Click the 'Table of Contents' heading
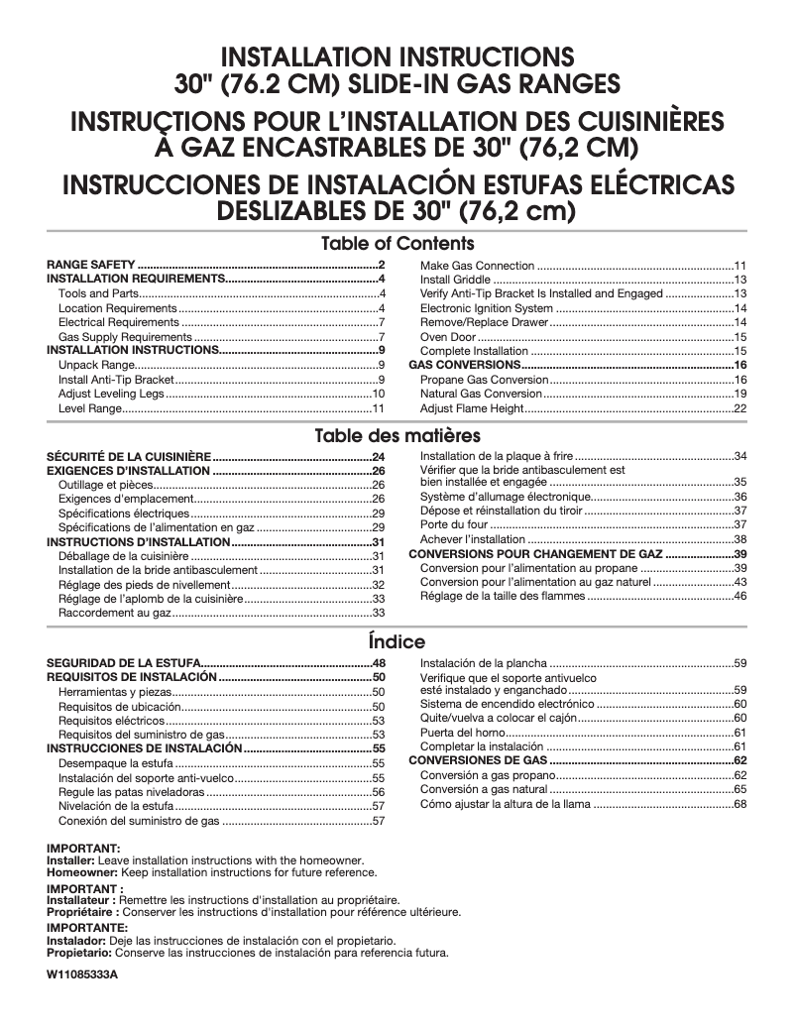tap(397, 243)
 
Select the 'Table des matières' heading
tap(397, 435)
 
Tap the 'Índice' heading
tap(397, 641)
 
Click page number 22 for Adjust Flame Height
tap(739, 408)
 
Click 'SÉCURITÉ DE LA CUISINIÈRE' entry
tap(129, 456)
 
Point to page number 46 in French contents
tap(739, 596)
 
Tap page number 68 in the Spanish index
tap(739, 804)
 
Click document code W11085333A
tap(82, 975)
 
